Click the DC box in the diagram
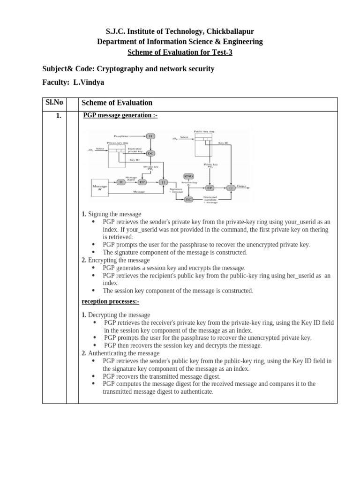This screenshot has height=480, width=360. click(150, 153)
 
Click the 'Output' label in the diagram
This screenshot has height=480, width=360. click(241, 186)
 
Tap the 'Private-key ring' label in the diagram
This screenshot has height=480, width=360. click(117, 142)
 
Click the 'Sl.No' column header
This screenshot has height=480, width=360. click(54, 102)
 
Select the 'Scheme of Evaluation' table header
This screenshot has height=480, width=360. click(117, 103)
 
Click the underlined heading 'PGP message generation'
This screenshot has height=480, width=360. click(120, 115)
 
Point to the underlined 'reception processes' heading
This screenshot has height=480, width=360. click(110, 301)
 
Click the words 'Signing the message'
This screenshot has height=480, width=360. click(114, 214)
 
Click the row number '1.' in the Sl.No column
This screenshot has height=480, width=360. click(59, 116)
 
